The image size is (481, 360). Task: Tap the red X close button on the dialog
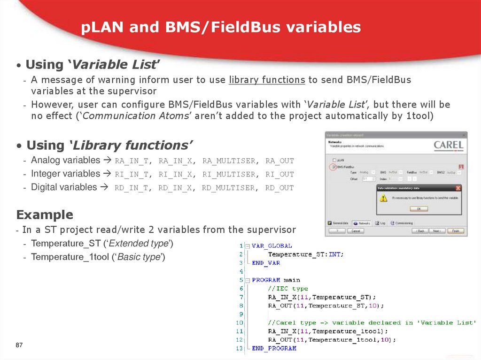coord(458,188)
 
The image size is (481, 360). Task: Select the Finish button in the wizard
coord(455,231)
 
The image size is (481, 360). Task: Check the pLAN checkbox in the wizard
coord(334,160)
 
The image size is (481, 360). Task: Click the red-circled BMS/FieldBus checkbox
coord(334,167)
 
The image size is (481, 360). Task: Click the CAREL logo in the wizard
coord(448,145)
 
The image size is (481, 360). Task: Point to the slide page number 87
coord(19,345)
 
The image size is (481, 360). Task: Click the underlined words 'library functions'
coord(267,80)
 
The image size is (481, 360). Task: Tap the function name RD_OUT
coord(279,188)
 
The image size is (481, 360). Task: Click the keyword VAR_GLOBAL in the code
coord(272,245)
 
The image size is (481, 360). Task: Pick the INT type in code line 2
coord(335,254)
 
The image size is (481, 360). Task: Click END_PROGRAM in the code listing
coord(274,348)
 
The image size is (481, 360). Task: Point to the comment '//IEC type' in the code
coord(288,288)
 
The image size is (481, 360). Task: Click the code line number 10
coord(240,322)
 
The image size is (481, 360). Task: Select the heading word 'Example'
coord(45,215)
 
